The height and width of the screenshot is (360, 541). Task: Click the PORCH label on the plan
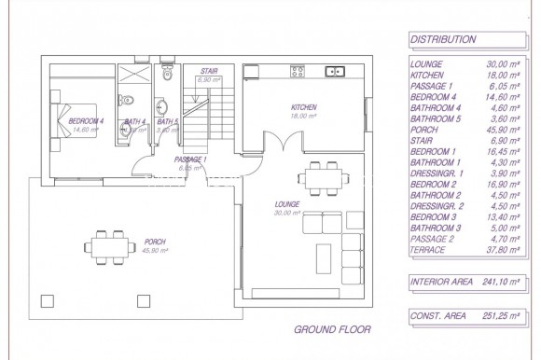154,242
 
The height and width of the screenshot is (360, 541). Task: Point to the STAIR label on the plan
208,71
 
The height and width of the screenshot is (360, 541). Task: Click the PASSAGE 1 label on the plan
190,160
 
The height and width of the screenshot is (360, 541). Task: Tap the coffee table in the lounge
324,256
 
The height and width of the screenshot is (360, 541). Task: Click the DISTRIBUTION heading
443,40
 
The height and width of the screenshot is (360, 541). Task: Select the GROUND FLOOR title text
332,329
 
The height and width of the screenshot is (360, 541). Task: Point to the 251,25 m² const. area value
501,316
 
